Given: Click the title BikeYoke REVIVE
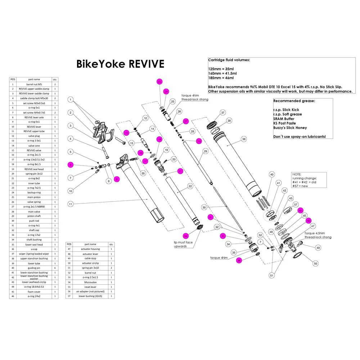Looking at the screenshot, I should [120, 64].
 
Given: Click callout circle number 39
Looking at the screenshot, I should [244, 139].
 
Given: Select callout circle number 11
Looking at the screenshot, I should [71, 204].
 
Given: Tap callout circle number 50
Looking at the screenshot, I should [316, 264].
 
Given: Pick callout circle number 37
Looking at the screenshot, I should [223, 113].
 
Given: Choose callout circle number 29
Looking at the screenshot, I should [206, 152].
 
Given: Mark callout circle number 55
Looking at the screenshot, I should [143, 173].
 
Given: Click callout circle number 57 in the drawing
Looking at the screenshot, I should [296, 204].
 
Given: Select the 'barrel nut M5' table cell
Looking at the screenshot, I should [34, 84].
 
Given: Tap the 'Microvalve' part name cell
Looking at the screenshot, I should [90, 282].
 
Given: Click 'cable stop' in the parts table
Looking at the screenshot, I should [90, 258].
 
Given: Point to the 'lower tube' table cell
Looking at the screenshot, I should [34, 263].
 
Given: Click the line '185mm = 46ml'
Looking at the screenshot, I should [221, 78].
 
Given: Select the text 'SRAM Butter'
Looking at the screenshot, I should [284, 119].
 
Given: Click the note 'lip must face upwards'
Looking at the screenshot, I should [184, 244].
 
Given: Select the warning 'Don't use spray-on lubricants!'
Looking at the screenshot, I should [300, 137].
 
